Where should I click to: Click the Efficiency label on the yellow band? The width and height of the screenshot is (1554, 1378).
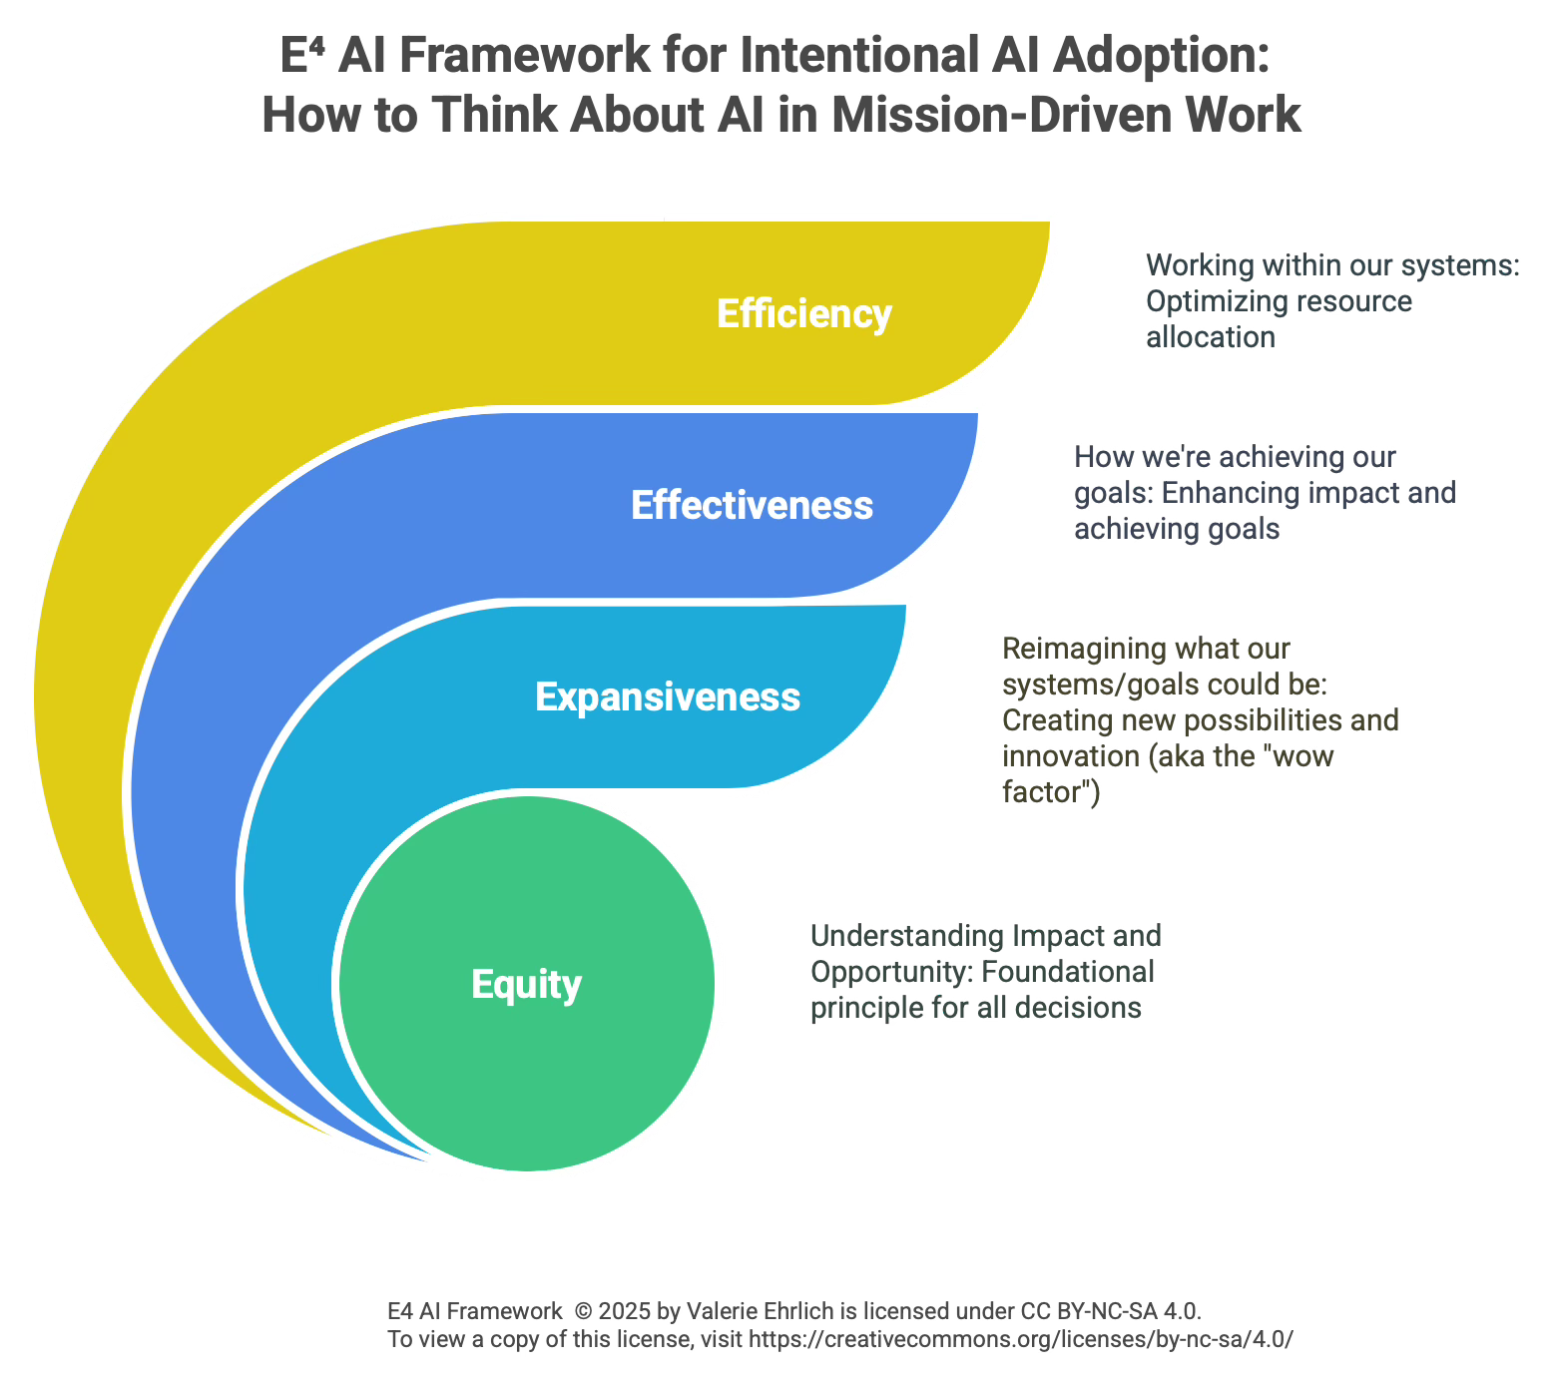tap(803, 313)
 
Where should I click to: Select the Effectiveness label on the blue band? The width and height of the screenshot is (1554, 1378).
tap(752, 505)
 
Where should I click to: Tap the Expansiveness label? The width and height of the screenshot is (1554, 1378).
tap(667, 696)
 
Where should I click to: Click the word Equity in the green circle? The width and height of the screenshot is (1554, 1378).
tap(526, 984)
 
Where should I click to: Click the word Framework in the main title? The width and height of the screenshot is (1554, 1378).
tap(524, 55)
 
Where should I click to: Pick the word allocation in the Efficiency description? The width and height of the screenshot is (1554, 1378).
tap(1210, 337)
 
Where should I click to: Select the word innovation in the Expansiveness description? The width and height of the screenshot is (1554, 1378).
tap(1071, 756)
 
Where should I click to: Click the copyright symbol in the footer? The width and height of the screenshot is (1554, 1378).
tap(583, 1311)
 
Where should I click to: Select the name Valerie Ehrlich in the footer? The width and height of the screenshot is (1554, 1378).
tap(774, 1311)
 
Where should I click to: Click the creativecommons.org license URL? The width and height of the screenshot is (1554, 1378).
tap(1020, 1339)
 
